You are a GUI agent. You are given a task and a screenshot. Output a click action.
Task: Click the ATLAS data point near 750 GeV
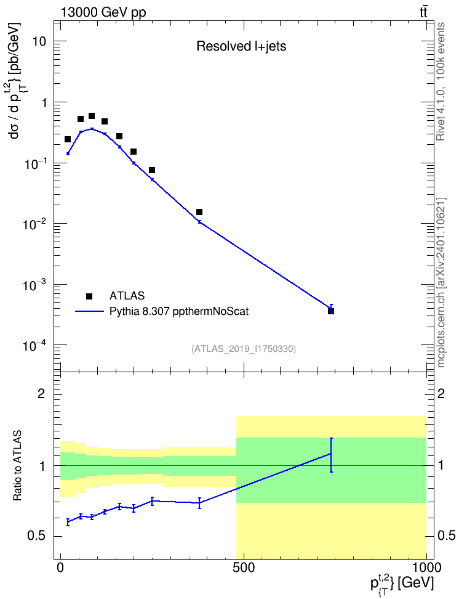point(331,311)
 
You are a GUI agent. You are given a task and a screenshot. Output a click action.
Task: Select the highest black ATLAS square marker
point(92,116)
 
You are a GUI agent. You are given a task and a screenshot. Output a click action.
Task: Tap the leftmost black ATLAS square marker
point(68,139)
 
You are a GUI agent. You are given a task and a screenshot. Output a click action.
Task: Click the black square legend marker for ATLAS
point(89,296)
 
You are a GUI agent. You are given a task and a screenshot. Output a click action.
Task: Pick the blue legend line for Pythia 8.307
point(89,311)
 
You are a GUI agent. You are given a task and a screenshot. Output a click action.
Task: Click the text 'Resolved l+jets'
point(241,46)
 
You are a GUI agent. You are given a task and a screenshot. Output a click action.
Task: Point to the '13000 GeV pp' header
point(103,12)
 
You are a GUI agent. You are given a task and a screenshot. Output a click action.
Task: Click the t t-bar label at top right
point(423,12)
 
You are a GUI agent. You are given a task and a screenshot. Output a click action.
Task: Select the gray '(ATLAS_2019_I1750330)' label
point(244,349)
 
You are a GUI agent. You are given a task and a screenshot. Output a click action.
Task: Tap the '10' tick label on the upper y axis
point(39,41)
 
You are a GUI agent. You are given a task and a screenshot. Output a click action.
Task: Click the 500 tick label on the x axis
point(244,568)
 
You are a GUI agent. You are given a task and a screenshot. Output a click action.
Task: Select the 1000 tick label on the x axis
point(426,568)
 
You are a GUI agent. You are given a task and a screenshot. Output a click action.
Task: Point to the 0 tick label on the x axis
point(61,568)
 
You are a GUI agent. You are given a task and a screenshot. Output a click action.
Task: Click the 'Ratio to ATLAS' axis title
point(17,466)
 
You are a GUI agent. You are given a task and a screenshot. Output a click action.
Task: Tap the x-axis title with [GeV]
point(402,582)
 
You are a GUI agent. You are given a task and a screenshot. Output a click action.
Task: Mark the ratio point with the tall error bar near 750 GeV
point(331,454)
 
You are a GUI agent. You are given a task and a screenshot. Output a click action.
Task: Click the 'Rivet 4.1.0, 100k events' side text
point(441,81)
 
